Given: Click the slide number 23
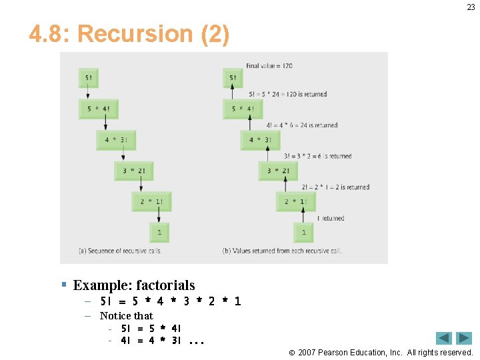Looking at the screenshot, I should tap(471, 7).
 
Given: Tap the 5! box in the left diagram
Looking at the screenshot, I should tap(88, 78).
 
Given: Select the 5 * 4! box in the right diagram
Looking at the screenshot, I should tap(243, 109).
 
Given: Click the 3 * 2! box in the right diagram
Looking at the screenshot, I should tap(278, 171).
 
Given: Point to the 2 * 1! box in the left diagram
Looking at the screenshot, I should tap(151, 201).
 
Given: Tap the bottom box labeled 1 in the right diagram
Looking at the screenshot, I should tap(304, 232).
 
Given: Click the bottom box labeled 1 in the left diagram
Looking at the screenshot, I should tap(159, 232).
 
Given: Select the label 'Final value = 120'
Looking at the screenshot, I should tap(269, 66).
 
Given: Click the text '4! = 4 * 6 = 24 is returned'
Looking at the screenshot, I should tap(302, 125).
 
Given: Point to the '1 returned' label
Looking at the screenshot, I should tap(331, 218).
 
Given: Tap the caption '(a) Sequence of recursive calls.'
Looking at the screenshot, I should tap(120, 251).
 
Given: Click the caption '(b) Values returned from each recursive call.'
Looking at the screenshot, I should tap(282, 251).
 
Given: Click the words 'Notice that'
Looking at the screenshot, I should tap(126, 315).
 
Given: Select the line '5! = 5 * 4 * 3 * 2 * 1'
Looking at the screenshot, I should tap(170, 301).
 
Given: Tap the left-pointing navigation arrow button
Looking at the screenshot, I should tap(444, 338).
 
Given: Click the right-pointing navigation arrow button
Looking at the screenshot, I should tap(464, 338).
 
